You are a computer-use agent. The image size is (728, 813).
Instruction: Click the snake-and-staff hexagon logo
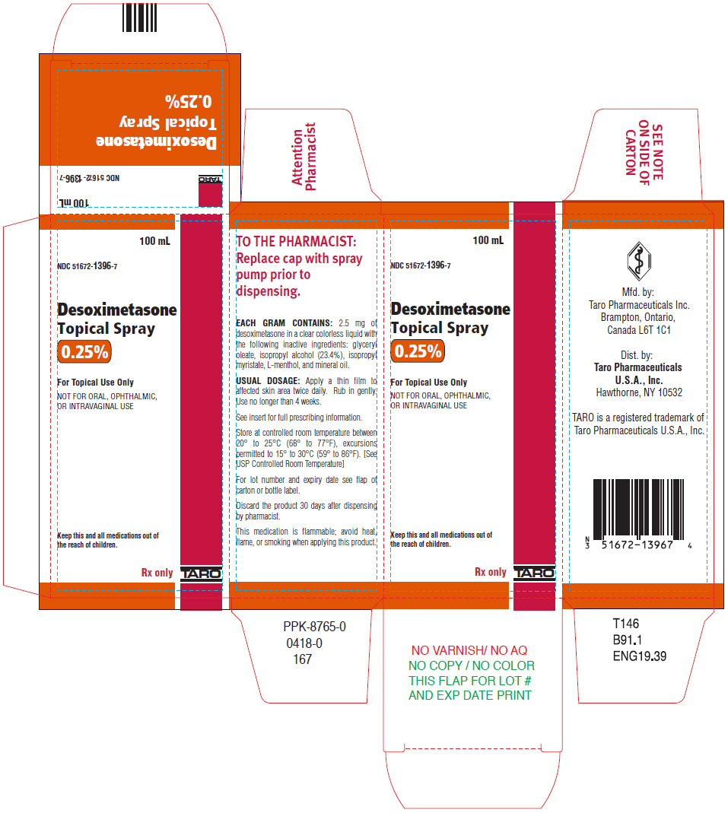point(637,260)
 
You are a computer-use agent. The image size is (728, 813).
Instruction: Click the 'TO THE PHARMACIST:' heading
point(296,242)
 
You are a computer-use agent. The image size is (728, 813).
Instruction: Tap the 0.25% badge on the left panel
point(85,352)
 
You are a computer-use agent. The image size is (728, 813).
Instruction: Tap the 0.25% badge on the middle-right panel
point(418,351)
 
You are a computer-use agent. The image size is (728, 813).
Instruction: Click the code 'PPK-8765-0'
point(314,627)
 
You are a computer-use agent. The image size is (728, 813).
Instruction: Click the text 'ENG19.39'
point(639,656)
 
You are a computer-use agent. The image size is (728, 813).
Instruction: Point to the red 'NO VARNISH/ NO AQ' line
point(469,650)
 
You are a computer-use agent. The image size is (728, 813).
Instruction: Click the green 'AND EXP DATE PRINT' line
point(469,695)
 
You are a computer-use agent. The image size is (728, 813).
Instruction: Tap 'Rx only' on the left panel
point(157,573)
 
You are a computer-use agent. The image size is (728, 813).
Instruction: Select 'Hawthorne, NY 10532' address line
point(639,392)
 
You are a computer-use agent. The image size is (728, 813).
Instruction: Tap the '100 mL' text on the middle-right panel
point(488,241)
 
